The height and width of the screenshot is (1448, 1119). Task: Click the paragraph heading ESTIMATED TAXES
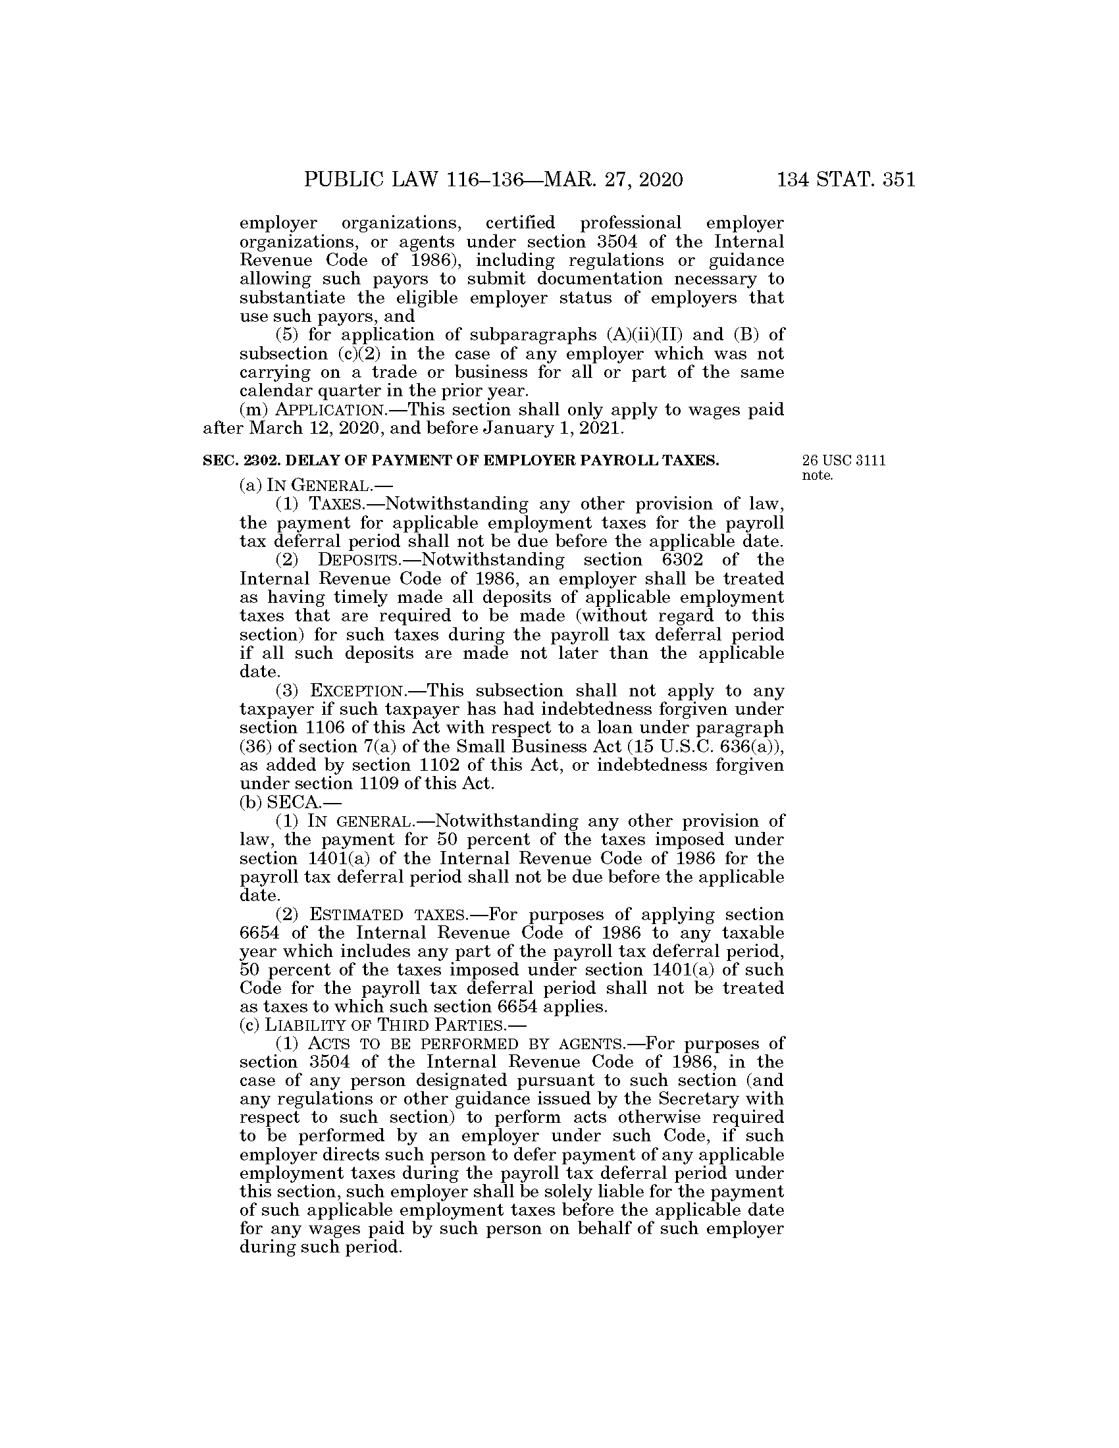pos(388,915)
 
